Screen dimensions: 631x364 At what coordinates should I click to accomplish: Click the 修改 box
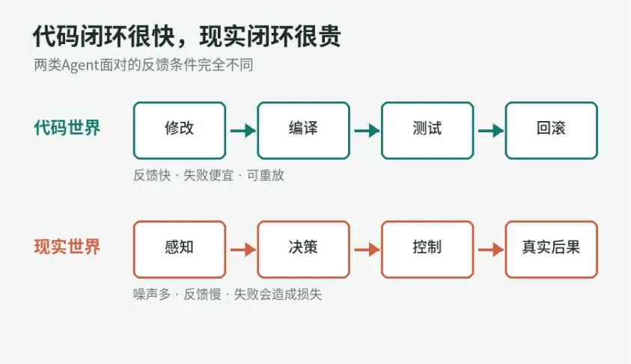(180, 131)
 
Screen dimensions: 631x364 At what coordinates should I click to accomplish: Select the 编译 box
(303, 131)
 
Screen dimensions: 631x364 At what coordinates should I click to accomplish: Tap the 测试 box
(427, 131)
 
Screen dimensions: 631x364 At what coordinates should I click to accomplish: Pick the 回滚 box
(552, 131)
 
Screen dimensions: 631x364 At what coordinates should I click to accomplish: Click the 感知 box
(180, 250)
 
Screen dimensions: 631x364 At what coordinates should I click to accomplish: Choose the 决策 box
(303, 250)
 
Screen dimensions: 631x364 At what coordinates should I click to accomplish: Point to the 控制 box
(427, 250)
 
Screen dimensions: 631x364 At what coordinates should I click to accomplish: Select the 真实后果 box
(552, 250)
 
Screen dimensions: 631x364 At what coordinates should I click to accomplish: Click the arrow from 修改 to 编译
(243, 131)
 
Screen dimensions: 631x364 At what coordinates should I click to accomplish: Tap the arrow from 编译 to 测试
(367, 131)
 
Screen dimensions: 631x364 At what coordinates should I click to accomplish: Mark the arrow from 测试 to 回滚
(490, 131)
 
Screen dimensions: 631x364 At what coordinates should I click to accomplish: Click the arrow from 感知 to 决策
(243, 250)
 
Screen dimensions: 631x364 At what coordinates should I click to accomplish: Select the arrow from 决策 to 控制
(367, 250)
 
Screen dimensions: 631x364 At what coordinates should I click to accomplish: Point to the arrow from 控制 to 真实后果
(490, 250)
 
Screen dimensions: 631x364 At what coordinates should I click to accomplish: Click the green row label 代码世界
(67, 128)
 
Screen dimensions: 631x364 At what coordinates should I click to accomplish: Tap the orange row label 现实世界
(67, 247)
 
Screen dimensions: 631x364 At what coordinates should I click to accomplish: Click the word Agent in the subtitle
(80, 66)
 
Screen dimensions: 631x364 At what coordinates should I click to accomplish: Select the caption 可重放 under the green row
(266, 175)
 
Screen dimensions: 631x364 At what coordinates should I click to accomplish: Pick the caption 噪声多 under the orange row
(152, 294)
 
